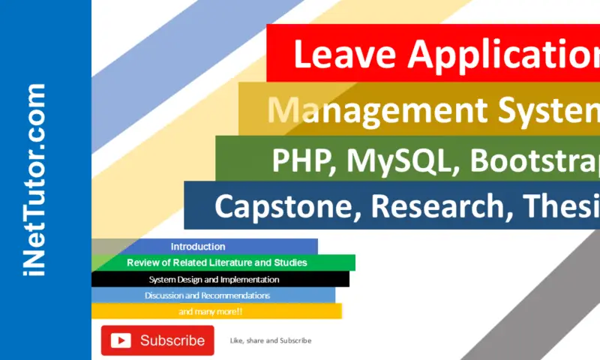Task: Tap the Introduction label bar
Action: pyautogui.click(x=198, y=247)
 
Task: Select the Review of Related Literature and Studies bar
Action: pyautogui.click(x=217, y=263)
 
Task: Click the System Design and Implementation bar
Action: pyautogui.click(x=214, y=280)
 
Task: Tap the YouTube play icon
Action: pyautogui.click(x=121, y=340)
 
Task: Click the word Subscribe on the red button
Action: pyautogui.click(x=172, y=340)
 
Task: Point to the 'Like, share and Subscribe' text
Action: pyautogui.click(x=271, y=340)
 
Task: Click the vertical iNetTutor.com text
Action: pyautogui.click(x=34, y=180)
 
